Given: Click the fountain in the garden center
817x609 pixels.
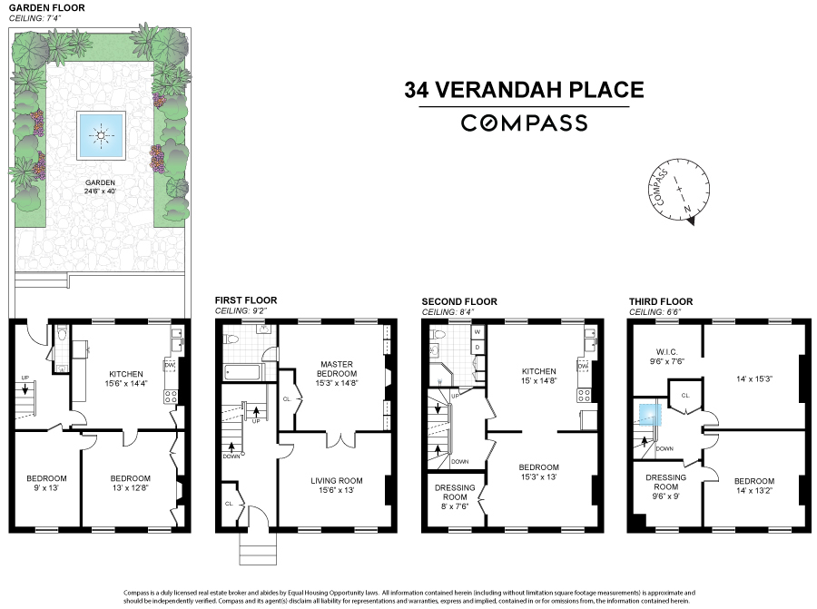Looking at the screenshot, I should pyautogui.click(x=101, y=134).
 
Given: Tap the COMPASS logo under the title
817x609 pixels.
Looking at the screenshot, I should pyautogui.click(x=524, y=123).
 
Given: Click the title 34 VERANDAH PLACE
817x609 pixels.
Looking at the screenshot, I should pyautogui.click(x=524, y=90).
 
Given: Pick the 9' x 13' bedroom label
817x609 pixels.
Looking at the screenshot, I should pyautogui.click(x=45, y=483).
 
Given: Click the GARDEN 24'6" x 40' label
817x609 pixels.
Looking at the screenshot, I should pyautogui.click(x=101, y=186).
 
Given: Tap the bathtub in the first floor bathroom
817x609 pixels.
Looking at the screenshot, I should pyautogui.click(x=242, y=372).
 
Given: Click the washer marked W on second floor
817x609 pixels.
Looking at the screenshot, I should pyautogui.click(x=477, y=331).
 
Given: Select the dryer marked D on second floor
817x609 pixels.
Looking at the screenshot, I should pyautogui.click(x=477, y=347).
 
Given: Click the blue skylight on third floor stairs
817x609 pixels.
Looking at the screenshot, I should pyautogui.click(x=648, y=413).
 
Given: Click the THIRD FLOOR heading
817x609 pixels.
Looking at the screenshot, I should pyautogui.click(x=661, y=301).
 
